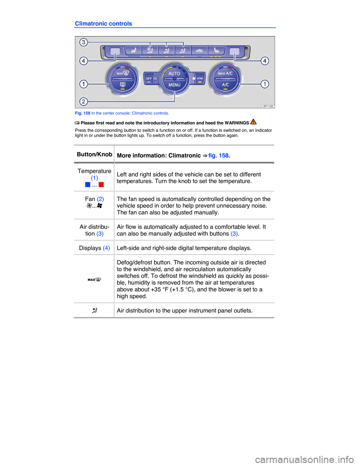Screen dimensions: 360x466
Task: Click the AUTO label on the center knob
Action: point(174,74)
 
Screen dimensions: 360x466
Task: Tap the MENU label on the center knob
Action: point(174,85)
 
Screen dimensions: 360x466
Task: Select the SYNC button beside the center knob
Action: point(200,78)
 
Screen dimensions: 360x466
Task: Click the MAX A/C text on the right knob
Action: point(225,73)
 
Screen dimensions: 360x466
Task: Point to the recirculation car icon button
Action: point(199,51)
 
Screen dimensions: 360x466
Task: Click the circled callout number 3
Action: point(84,42)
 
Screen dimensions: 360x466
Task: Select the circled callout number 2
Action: point(84,101)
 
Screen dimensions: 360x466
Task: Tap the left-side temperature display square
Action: point(115,52)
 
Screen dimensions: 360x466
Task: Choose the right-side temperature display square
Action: point(234,52)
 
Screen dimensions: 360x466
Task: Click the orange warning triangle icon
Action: point(253,122)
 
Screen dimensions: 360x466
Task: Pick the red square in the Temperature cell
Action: point(101,185)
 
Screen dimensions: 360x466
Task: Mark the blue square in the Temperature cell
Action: point(88,185)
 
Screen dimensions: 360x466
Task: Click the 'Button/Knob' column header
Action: point(94,155)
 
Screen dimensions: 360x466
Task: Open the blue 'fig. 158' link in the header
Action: point(218,155)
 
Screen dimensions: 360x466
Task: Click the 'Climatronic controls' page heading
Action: point(103,24)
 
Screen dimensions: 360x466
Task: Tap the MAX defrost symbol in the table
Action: point(94,280)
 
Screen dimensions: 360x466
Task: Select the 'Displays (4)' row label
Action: point(94,248)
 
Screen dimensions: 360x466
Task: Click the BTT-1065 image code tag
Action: point(268,106)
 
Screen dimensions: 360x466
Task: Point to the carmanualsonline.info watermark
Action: point(304,460)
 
